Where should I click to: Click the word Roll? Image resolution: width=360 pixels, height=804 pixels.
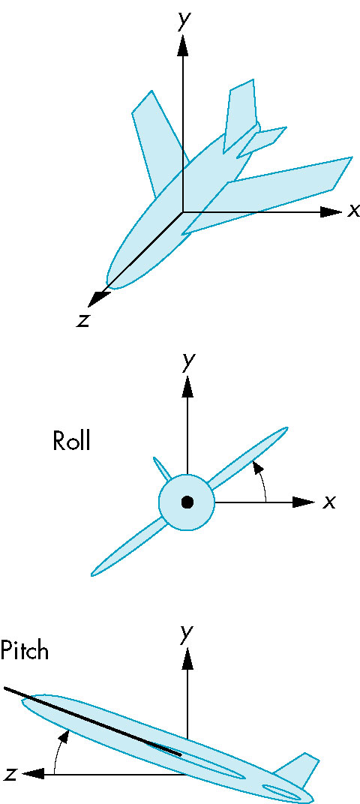[x=71, y=440]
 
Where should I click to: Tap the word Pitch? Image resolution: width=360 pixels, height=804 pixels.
[x=24, y=651]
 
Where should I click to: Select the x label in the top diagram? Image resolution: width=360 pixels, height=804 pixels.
[x=352, y=211]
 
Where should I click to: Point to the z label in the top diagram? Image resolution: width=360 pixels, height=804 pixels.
[x=81, y=319]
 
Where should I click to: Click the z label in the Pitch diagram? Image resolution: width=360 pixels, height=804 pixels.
[x=10, y=773]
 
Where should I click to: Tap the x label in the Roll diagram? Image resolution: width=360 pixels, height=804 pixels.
[x=328, y=502]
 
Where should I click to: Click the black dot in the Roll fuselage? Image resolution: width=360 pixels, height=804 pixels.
[x=187, y=502]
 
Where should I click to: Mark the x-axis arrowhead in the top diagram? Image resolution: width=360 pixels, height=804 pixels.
[x=331, y=211]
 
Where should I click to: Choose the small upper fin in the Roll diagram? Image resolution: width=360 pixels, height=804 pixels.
[x=162, y=468]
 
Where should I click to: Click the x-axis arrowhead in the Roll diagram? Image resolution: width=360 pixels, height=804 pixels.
[x=304, y=502]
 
